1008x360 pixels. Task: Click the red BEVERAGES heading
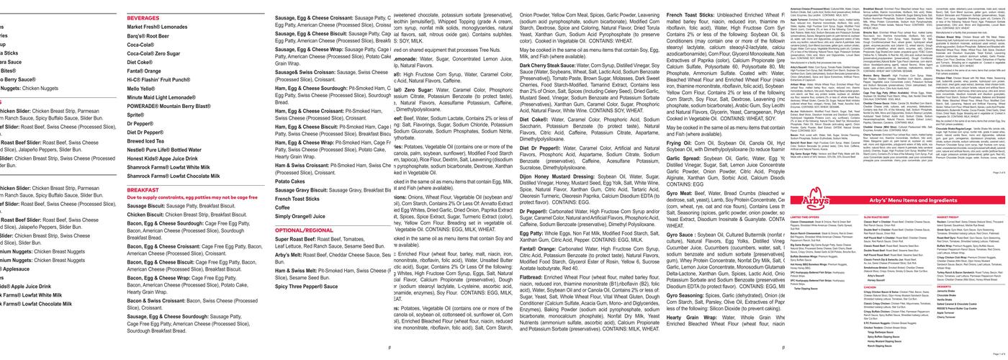click(143, 17)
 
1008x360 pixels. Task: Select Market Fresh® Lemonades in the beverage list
click(157, 27)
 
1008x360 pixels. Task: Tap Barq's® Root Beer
click(148, 35)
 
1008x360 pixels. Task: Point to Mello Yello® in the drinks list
click(141, 89)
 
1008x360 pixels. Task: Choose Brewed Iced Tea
click(146, 141)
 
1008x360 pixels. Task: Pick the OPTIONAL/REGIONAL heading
click(304, 230)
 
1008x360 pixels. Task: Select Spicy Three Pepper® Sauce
click(306, 287)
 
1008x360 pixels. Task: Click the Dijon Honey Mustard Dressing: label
click(568, 176)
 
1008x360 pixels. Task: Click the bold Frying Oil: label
click(683, 143)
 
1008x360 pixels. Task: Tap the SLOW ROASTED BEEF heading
click(877, 217)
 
